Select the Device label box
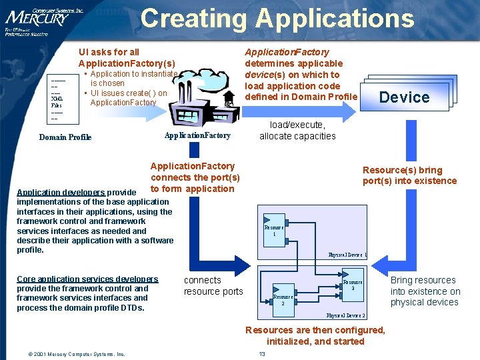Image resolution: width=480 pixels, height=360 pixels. click(x=404, y=97)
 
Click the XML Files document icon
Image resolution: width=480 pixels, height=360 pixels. click(x=57, y=100)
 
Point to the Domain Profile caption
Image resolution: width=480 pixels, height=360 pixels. click(x=65, y=137)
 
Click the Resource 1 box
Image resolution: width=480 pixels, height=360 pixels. click(x=274, y=230)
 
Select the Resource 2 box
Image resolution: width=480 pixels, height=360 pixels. click(x=283, y=299)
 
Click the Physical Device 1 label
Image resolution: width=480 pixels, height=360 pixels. click(x=347, y=255)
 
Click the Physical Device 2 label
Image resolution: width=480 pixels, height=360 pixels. click(x=345, y=315)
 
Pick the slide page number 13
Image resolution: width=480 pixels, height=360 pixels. click(x=262, y=353)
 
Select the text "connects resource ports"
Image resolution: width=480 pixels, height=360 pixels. click(x=213, y=286)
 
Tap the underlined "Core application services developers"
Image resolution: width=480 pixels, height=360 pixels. click(x=87, y=279)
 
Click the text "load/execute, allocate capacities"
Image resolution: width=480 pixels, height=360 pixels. click(x=297, y=131)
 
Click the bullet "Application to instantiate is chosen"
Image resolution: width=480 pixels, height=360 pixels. click(x=130, y=79)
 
